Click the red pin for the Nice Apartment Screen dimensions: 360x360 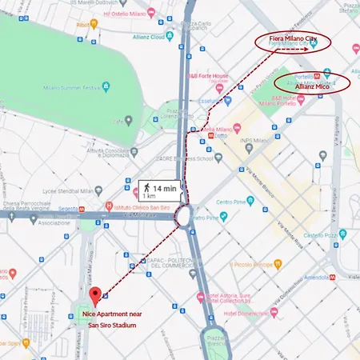pos(94,295)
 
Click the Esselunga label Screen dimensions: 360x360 pos(230,102)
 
